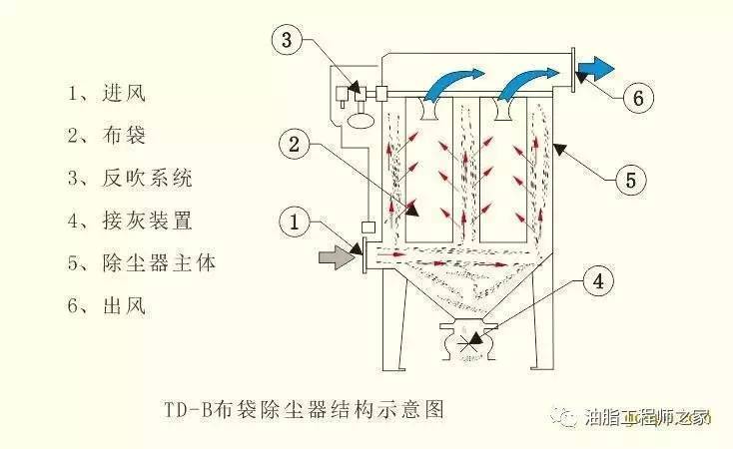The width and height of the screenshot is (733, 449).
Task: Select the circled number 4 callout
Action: click(596, 282)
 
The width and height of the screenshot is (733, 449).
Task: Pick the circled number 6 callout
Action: click(639, 98)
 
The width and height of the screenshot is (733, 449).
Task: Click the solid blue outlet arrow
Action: click(596, 66)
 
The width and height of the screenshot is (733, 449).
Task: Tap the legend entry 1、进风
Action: click(108, 94)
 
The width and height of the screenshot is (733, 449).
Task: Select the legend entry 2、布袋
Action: click(108, 136)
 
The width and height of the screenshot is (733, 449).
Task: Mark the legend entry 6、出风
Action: click(108, 306)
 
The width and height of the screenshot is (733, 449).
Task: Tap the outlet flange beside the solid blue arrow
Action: click(577, 65)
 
